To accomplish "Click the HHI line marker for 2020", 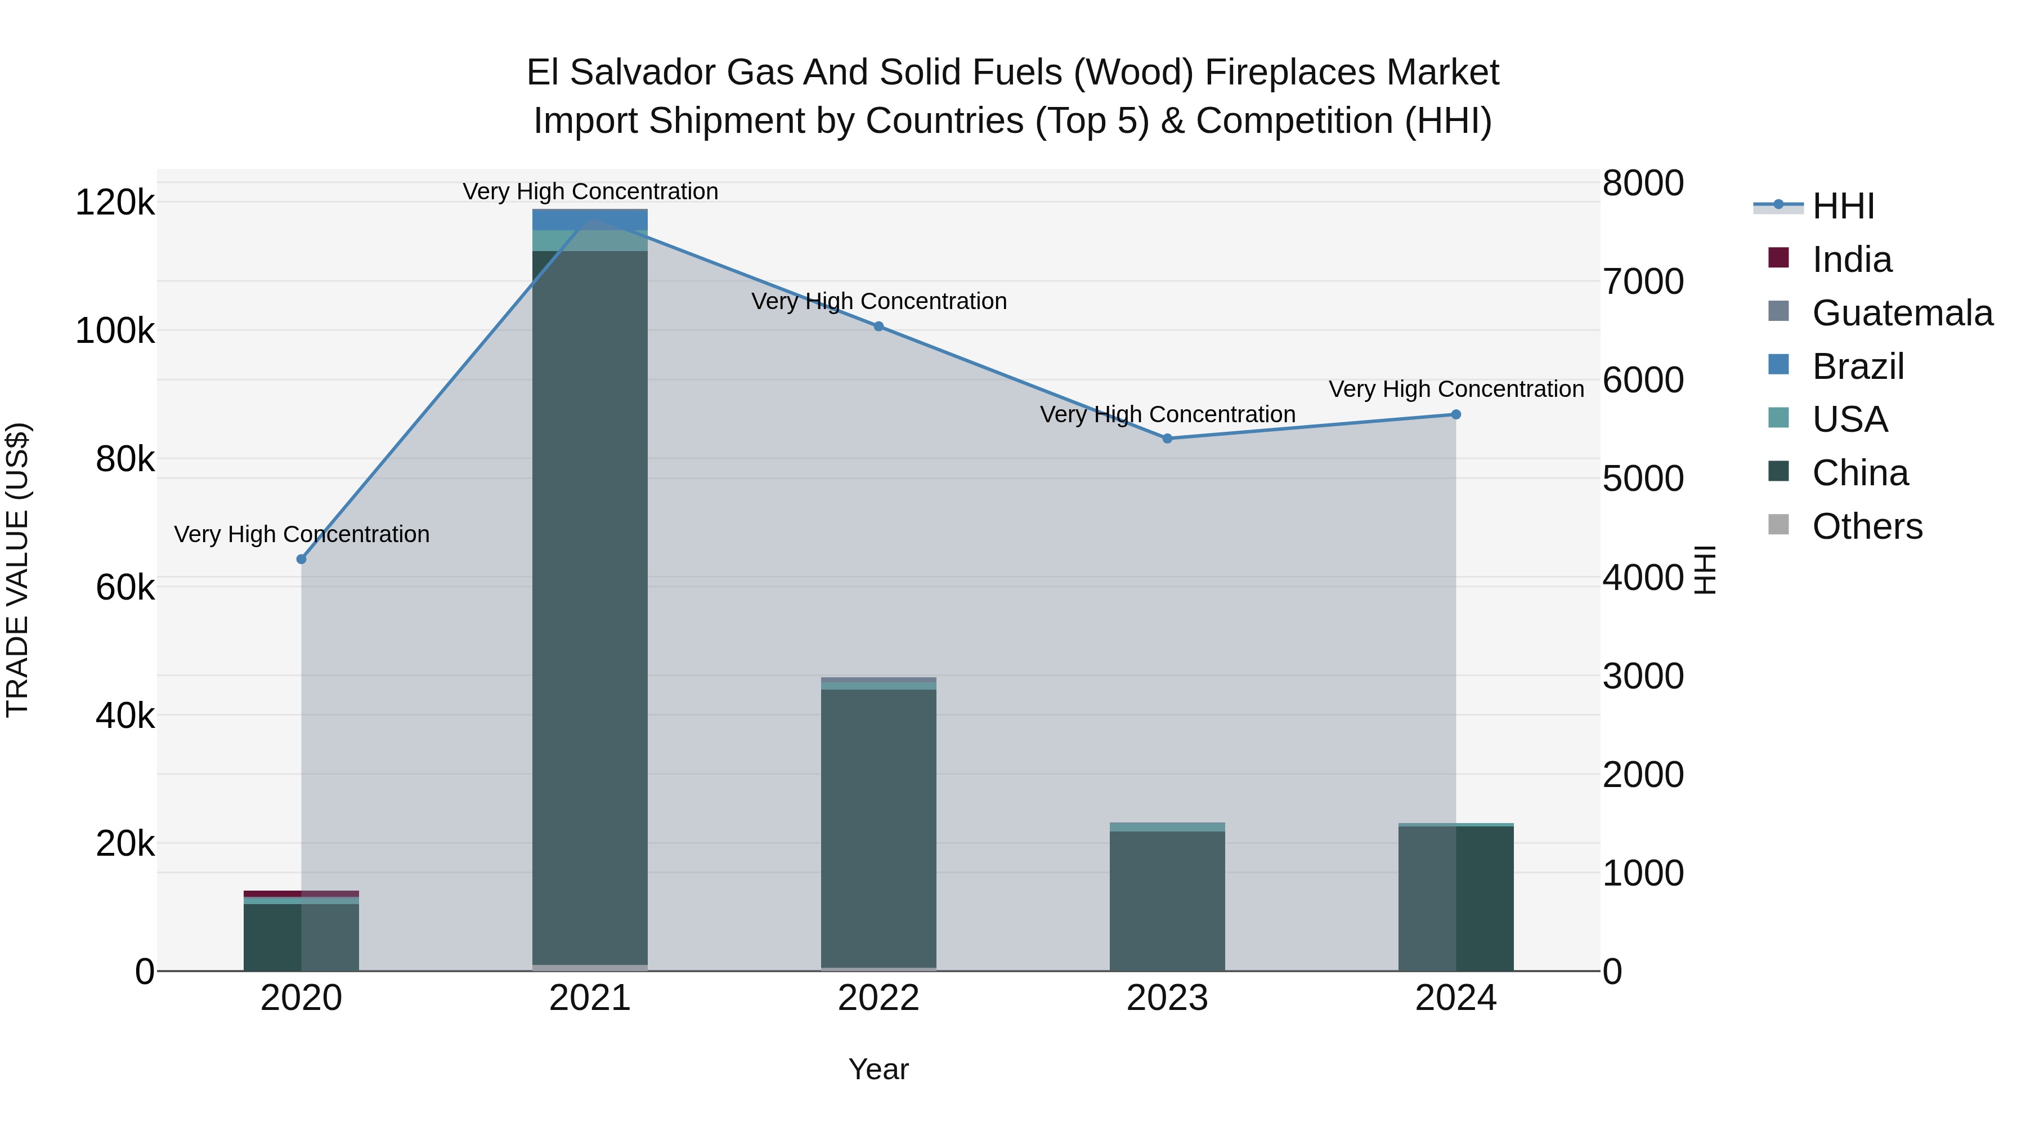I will pyautogui.click(x=301, y=560).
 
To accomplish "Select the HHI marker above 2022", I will pyautogui.click(x=878, y=327).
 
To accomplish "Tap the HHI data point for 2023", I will pyautogui.click(x=1167, y=438).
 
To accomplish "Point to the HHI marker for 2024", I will pyautogui.click(x=1456, y=414).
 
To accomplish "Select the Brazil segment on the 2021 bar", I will pyautogui.click(x=590, y=219).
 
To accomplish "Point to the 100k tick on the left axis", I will pyautogui.click(x=115, y=331).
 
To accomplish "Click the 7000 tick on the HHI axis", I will pyautogui.click(x=1643, y=281).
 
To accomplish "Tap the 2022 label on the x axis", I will pyautogui.click(x=878, y=998).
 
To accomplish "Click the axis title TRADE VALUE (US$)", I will pyautogui.click(x=17, y=570).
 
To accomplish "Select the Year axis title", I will pyautogui.click(x=878, y=1069).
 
